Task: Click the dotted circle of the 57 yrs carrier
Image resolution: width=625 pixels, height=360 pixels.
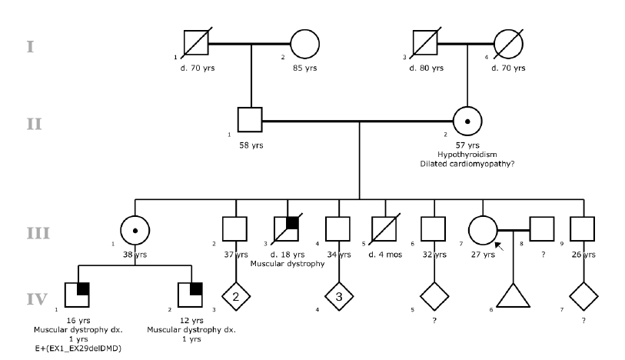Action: point(467,121)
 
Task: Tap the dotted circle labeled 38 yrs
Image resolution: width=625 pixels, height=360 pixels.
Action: point(135,231)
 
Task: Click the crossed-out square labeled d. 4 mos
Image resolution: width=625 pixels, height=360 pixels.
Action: point(383,230)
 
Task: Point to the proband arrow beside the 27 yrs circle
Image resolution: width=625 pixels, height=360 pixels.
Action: point(497,245)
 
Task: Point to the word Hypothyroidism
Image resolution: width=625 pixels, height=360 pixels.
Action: point(467,154)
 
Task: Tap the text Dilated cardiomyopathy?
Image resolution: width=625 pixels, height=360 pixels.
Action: point(467,163)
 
